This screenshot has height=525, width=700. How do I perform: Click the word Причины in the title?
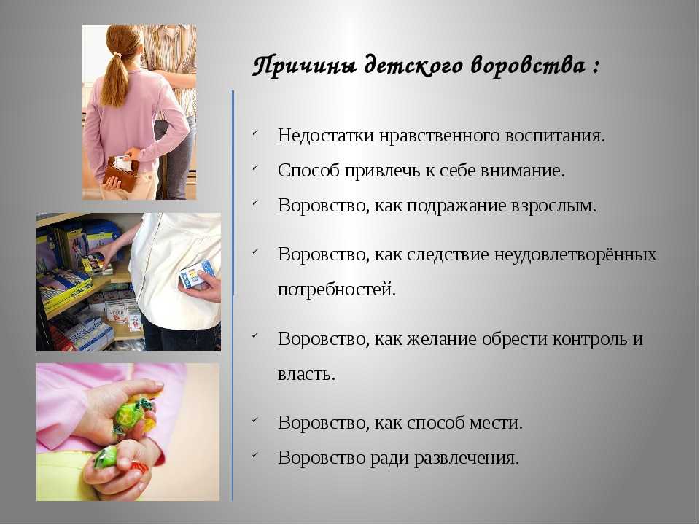pos(305,66)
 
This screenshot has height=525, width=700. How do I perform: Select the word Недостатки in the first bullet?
pos(326,136)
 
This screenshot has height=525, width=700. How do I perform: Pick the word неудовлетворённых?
pos(575,254)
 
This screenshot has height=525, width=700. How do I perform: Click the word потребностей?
pos(337,289)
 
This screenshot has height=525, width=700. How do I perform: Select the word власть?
pos(306,374)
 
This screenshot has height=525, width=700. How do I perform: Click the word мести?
pos(496,422)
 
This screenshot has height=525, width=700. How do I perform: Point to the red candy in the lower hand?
pos(139,467)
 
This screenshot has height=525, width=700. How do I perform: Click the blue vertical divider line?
pos(233,295)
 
